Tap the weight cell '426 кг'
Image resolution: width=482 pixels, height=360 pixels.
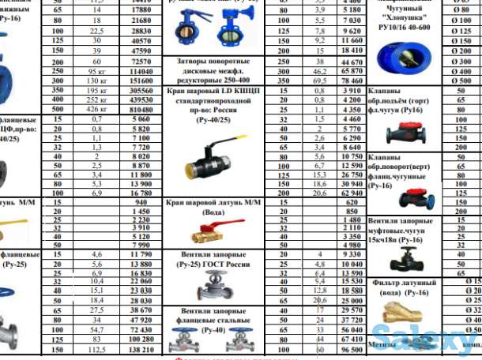coord(96,111)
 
